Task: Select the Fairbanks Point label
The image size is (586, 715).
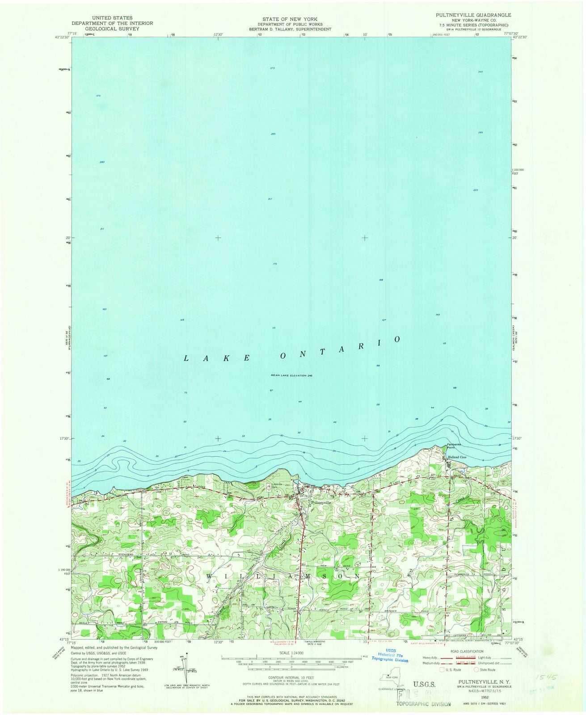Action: (x=455, y=446)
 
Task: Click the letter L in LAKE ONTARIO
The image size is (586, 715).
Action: (x=186, y=358)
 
